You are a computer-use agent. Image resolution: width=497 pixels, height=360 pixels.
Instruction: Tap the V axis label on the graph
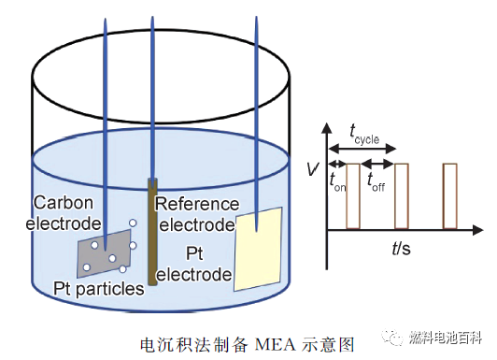click(312, 169)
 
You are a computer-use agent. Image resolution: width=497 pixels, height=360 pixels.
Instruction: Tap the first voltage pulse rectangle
click(353, 195)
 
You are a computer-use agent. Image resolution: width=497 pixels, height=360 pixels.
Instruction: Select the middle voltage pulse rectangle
click(402, 195)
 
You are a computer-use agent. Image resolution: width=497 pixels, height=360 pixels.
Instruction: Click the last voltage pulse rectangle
click(450, 195)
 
